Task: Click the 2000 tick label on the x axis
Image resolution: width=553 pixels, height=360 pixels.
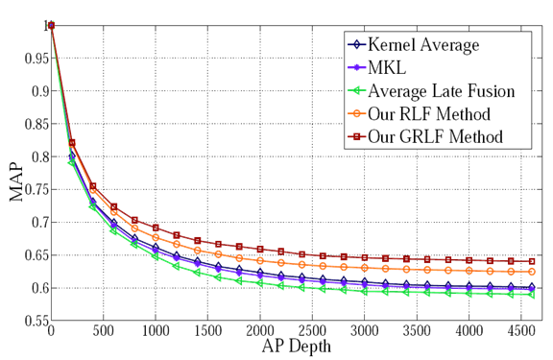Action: [259, 332]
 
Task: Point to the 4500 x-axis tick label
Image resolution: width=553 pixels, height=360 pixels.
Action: [520, 332]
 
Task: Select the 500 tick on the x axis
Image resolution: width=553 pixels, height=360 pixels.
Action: [103, 332]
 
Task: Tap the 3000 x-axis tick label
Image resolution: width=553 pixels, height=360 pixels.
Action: [364, 332]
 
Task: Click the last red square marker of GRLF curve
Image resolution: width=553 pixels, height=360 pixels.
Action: [531, 261]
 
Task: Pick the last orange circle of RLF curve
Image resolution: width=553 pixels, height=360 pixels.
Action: [531, 273]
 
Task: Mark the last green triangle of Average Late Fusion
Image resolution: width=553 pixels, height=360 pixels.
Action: [531, 295]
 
